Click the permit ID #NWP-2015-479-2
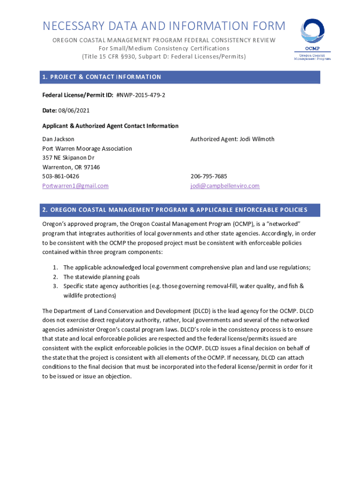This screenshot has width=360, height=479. coord(141,95)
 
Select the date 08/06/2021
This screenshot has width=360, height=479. coord(74,110)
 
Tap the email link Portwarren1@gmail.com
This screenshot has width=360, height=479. coord(75,186)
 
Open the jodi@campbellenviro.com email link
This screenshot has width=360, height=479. coord(225,186)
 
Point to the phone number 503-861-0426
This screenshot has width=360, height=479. coord(61,176)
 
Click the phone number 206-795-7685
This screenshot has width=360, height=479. coord(209,176)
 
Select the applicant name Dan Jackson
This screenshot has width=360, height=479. coord(58,139)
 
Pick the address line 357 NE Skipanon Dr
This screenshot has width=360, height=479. coord(68,158)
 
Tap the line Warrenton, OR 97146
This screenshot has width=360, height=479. coord(71,167)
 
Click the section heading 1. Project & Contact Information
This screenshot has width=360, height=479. coord(101,77)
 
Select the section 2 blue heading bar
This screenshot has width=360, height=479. coord(180,210)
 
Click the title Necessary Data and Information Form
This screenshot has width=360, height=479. coord(164,26)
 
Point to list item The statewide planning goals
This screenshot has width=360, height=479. coord(101,276)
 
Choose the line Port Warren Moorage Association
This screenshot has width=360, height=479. coord(87,148)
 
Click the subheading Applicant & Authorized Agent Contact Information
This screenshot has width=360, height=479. coord(110,126)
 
